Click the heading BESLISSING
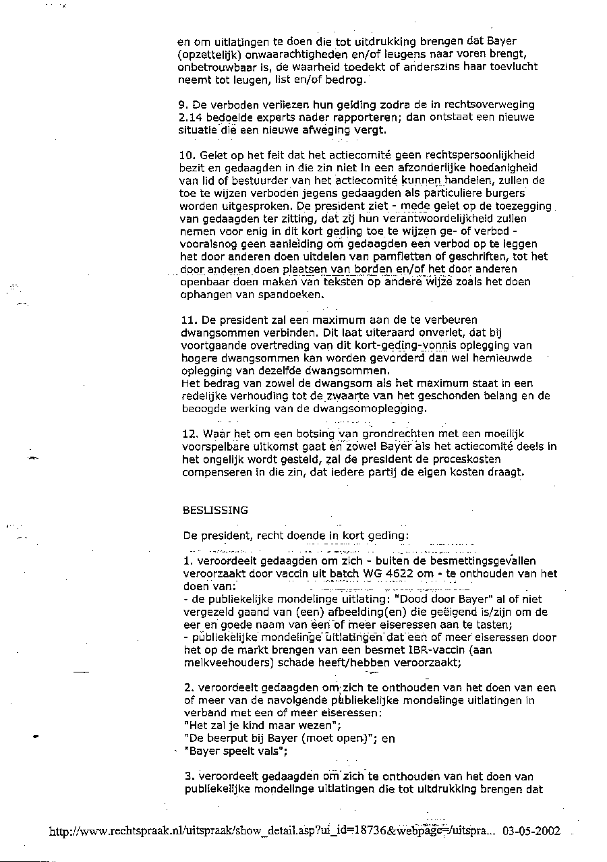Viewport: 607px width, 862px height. [x=215, y=510]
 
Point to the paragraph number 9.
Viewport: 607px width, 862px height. [x=182, y=105]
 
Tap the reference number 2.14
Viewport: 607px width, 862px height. [x=190, y=117]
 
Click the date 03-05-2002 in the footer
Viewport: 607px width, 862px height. [x=531, y=831]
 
